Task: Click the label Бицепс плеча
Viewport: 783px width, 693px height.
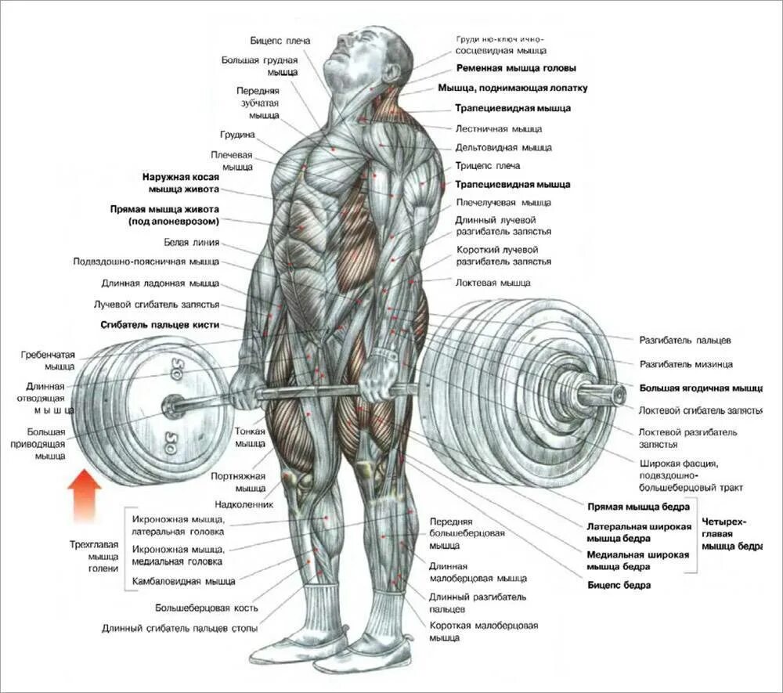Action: click(x=280, y=40)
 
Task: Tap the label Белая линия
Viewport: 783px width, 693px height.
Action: click(x=191, y=242)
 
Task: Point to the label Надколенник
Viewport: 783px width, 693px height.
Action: click(x=244, y=504)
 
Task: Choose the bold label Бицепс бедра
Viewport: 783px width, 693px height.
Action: click(x=619, y=584)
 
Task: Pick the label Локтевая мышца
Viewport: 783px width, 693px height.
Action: click(x=493, y=283)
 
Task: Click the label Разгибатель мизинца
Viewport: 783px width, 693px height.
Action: click(x=686, y=364)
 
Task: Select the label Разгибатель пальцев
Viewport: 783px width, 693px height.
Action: click(x=685, y=341)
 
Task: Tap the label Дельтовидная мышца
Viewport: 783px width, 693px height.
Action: click(x=503, y=147)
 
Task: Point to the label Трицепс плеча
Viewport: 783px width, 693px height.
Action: click(x=487, y=166)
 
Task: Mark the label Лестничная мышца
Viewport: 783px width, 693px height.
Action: click(x=498, y=128)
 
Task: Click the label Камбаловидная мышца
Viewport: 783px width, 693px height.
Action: click(x=183, y=582)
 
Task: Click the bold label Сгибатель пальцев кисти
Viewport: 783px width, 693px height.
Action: click(x=160, y=324)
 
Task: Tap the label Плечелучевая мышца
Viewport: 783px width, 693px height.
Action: click(x=503, y=203)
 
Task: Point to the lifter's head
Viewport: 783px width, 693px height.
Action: click(x=368, y=59)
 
